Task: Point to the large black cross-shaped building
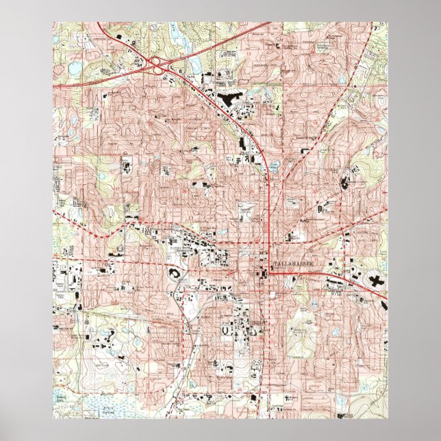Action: point(376,279)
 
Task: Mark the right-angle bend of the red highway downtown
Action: point(270,273)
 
